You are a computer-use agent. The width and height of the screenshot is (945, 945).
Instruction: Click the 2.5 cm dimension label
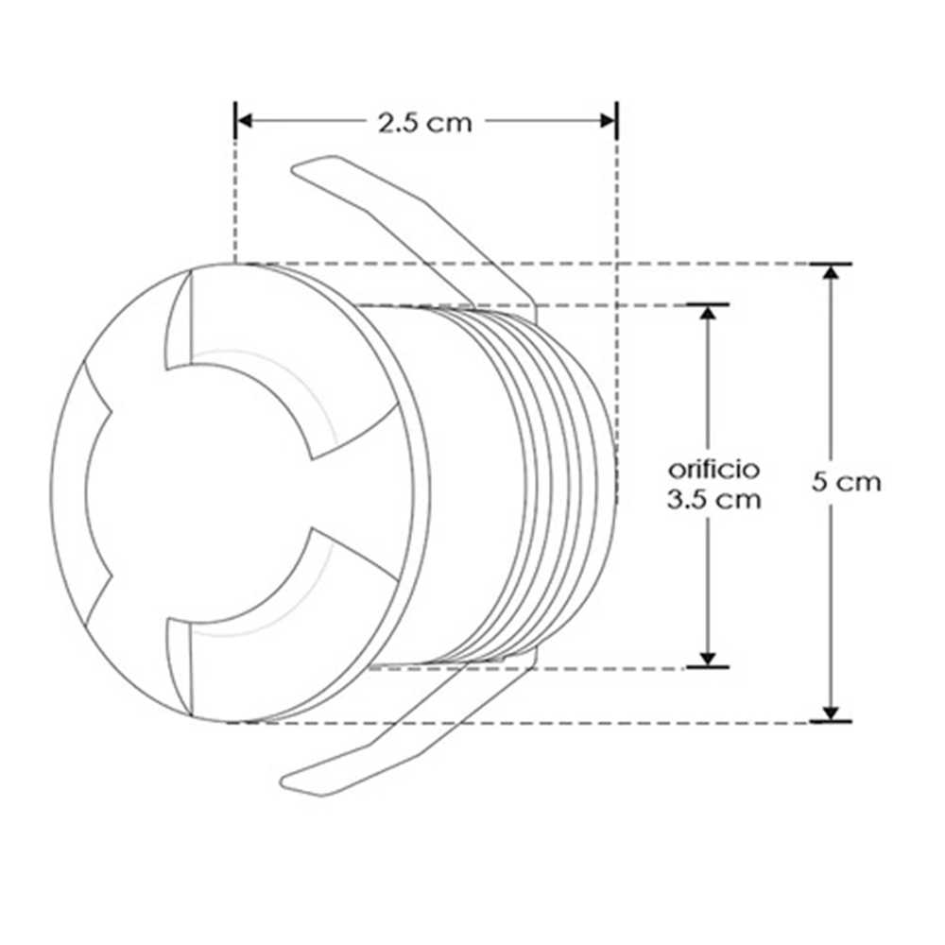click(424, 122)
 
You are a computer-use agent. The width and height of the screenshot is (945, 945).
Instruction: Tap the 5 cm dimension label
click(847, 482)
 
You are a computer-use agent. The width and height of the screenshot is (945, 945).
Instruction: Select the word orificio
click(713, 469)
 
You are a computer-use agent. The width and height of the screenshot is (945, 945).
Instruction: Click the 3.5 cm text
click(713, 500)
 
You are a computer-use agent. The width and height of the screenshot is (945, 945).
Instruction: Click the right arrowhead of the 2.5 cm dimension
click(608, 120)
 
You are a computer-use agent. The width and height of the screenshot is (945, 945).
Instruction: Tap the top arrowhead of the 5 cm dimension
click(831, 272)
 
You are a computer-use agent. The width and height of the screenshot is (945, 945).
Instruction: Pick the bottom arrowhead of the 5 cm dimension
click(831, 713)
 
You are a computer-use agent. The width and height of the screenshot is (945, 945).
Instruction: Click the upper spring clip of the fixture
click(416, 227)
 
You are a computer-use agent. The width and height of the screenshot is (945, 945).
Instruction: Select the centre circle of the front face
click(198, 491)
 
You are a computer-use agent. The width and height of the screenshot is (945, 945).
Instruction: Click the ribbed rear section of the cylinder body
click(558, 482)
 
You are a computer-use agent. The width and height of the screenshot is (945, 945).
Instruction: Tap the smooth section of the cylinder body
click(463, 482)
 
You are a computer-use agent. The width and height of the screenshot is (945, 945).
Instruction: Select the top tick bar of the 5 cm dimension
click(831, 264)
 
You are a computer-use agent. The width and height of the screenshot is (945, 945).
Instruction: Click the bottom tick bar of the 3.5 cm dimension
click(708, 667)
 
